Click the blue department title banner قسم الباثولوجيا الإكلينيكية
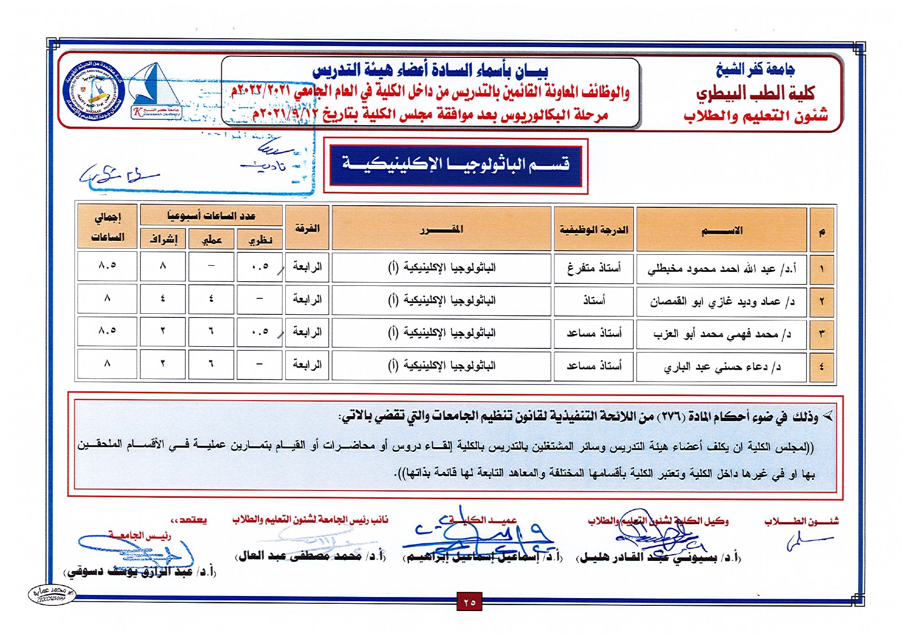[455, 165]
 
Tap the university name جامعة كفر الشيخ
[756, 70]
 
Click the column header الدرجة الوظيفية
[593, 229]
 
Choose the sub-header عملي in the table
[211, 240]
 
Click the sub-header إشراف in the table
[163, 240]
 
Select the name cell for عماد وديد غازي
[721, 301]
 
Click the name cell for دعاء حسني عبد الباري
[721, 367]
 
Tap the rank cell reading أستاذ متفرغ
[593, 268]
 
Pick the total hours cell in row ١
[107, 266]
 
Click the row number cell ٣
[821, 333]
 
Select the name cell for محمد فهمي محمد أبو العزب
[721, 334]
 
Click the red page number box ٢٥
[469, 602]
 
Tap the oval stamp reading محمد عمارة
[52, 594]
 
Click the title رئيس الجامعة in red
[139, 535]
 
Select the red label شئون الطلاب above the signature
[801, 521]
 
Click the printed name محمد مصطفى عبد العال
[310, 556]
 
